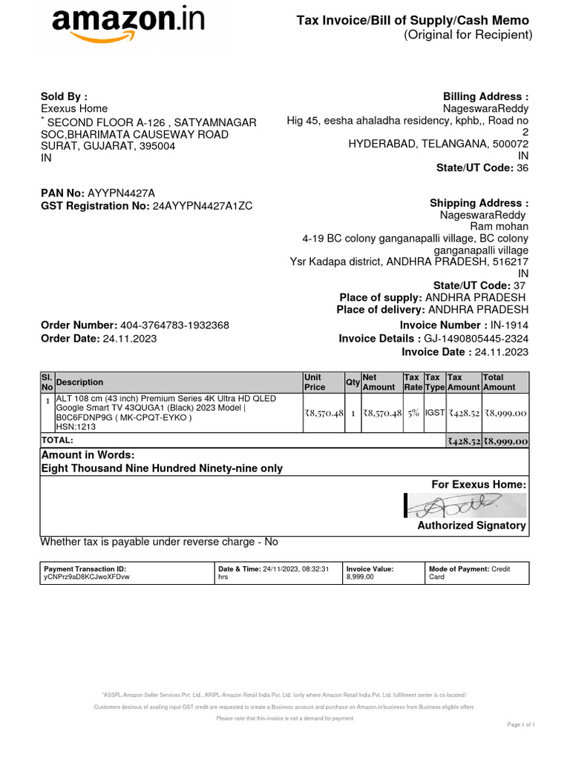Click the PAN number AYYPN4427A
pos(122,193)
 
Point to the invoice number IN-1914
pos(509,325)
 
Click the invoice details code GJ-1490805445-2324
pos(476,339)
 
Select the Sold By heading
pos(64,96)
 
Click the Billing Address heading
pos(485,96)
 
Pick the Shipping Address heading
pos(479,203)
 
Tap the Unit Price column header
pos(315,382)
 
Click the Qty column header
pos(353,382)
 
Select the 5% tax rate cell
pos(412,413)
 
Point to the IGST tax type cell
pos(434,413)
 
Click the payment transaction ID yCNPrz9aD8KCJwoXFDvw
pos(87,577)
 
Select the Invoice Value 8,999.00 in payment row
pos(360,577)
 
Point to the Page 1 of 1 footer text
pos(520,724)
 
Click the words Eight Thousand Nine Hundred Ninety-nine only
pos(162,468)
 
